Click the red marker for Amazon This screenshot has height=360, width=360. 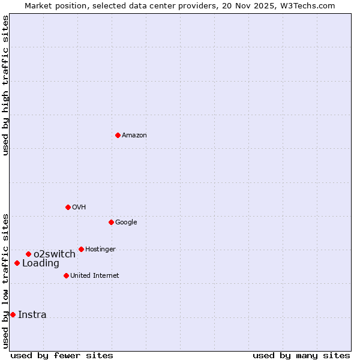coord(118,135)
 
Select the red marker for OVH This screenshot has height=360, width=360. coord(68,207)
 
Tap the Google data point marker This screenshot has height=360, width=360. coord(111,222)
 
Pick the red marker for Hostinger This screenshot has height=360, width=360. coord(81,249)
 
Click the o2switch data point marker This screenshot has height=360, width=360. coord(28,254)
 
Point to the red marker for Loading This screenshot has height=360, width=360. coord(17,263)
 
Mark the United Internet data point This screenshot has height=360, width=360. coord(66,275)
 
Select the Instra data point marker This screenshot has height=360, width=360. coord(13,314)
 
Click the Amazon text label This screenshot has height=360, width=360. coord(134,136)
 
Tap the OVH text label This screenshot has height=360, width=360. coord(79,208)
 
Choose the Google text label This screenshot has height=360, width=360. coord(126,223)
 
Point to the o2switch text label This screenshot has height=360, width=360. coord(55,254)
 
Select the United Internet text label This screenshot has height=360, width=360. coord(95,276)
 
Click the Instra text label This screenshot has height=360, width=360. coord(32,315)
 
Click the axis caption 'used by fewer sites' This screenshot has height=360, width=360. coord(62,355)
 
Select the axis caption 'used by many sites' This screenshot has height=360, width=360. coord(301,355)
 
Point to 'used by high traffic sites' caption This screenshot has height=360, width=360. coord(6,85)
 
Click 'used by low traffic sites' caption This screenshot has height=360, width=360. coord(6,281)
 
